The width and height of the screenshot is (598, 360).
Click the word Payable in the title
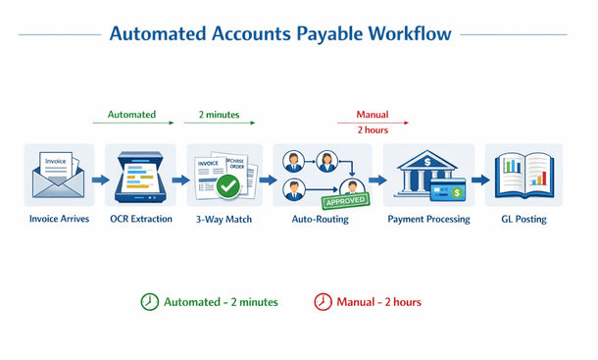326,34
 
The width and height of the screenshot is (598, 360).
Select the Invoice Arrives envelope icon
59,176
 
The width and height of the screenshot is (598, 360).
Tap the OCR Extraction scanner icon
142,177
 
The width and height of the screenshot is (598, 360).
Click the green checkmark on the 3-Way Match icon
228,184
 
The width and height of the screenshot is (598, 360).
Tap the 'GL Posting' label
523,220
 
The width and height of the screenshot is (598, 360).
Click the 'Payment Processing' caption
428,220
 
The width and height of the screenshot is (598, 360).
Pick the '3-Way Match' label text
224,220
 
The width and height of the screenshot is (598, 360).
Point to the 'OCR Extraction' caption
142,220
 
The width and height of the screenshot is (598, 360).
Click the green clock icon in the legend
149,302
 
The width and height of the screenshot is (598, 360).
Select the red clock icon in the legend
323,302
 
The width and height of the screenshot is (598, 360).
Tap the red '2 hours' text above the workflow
373,130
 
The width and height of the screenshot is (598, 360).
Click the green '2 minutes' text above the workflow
219,115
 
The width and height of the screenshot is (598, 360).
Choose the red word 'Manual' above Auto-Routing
373,115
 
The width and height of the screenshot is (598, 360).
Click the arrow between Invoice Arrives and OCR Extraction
101,180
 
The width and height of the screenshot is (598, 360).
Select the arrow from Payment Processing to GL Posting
480,180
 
